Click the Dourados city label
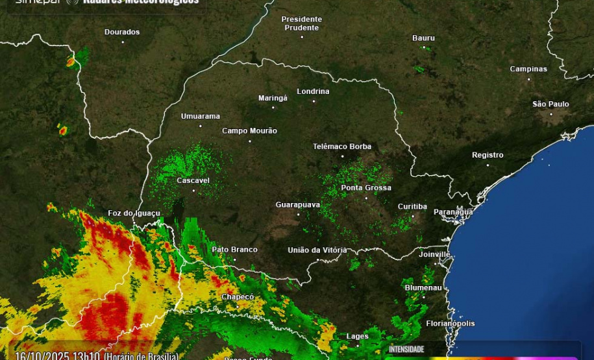coord(122,32)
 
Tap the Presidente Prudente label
coord(301,23)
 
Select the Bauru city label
coord(423,38)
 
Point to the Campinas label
coord(528,69)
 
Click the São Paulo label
coord(551,104)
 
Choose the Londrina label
coord(313,91)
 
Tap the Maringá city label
coord(273,98)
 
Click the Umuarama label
coord(200,116)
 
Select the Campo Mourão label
coord(249,130)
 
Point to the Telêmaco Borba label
coord(342,147)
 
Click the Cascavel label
coord(193,180)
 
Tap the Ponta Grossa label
coord(366,187)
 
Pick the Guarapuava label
coord(297,204)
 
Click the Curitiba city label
coord(412,206)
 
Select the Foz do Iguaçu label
coord(134,213)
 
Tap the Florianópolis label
coord(450,323)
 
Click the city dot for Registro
coord(488,165)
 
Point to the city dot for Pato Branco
coord(235,259)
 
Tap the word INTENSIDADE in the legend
coord(406,350)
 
